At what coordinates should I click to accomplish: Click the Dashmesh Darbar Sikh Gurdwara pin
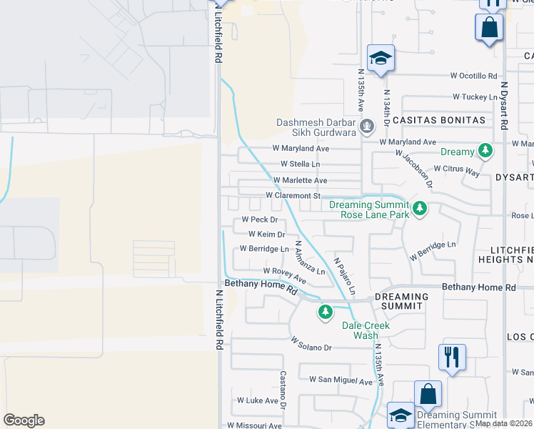[367, 127]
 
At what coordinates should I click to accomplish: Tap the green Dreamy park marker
[485, 151]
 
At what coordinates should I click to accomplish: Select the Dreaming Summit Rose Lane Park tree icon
[420, 209]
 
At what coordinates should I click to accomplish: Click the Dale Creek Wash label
[366, 330]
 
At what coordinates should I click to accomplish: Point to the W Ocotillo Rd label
[473, 76]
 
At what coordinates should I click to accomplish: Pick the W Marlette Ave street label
[300, 180]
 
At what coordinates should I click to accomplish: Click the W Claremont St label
[294, 195]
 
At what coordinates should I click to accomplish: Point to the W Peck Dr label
[259, 220]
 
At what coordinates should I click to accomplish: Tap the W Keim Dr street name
[266, 235]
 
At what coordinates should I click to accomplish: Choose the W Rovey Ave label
[285, 272]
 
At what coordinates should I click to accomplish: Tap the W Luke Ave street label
[258, 401]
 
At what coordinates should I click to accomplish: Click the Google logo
[24, 420]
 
